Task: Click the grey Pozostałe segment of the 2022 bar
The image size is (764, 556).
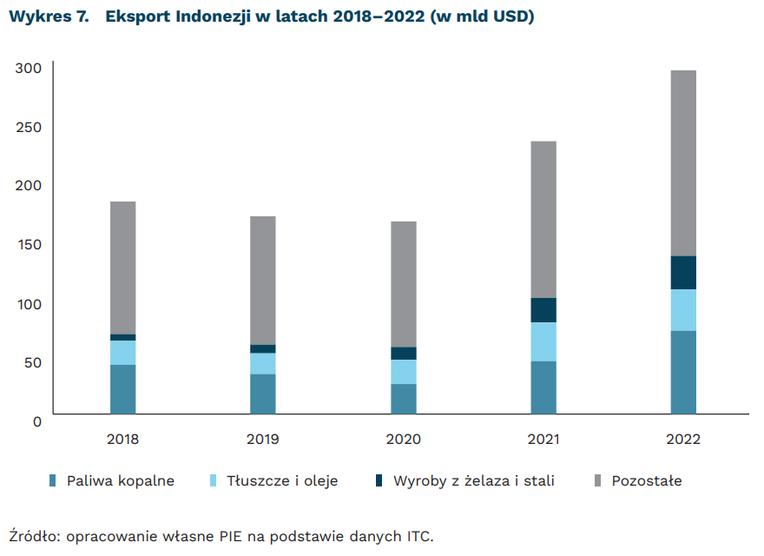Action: [683, 162]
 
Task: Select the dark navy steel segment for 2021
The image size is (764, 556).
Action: [543, 310]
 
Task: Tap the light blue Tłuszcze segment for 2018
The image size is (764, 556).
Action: [123, 353]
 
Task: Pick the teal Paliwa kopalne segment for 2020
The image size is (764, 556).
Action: [404, 399]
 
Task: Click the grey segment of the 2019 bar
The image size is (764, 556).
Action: [263, 280]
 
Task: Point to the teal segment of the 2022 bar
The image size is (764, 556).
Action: [683, 372]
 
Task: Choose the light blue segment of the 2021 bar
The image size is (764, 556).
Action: [543, 341]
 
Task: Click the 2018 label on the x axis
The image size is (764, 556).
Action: [123, 439]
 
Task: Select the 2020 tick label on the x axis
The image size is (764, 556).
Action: [404, 439]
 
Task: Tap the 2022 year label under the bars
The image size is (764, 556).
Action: [683, 439]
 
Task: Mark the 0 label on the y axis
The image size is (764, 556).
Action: [36, 421]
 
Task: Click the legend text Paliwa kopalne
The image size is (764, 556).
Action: [121, 480]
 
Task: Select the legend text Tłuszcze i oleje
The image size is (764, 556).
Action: [282, 480]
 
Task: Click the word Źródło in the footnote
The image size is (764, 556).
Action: [32, 535]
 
